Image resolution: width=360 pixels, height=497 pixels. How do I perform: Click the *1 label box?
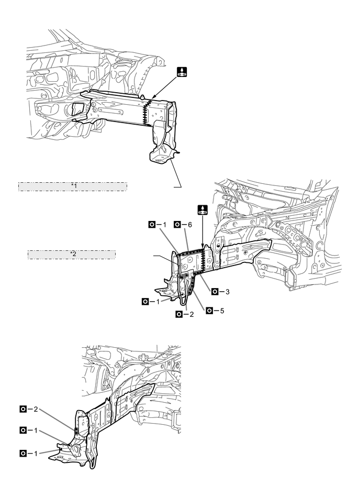click(73, 186)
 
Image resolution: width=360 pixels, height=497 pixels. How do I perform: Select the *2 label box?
click(72, 255)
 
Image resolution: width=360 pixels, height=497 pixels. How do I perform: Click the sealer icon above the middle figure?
click(202, 210)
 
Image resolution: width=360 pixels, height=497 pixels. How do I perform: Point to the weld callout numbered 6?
click(184, 224)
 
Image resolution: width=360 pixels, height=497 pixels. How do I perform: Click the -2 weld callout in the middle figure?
click(185, 314)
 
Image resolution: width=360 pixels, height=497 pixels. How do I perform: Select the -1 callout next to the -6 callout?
click(157, 224)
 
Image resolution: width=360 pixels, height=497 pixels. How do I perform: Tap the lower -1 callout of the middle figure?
click(150, 302)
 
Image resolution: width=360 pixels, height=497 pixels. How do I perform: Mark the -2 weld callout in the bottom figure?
click(28, 408)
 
